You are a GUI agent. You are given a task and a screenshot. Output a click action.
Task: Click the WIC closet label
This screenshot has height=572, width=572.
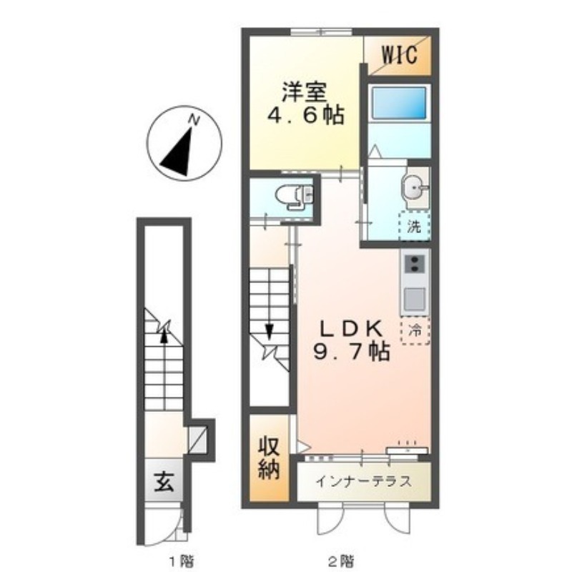pos(399,56)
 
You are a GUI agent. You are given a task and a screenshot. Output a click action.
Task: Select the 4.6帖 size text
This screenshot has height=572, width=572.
pos(306,116)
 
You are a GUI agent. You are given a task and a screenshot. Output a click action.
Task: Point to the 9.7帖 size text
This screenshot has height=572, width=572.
pos(352,352)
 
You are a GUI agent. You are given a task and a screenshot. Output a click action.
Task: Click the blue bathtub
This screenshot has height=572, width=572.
pos(399,102)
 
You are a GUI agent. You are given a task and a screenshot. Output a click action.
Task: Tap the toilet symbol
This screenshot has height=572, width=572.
pos(295,197)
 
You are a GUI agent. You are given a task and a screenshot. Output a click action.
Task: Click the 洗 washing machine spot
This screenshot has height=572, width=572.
pos(415,227)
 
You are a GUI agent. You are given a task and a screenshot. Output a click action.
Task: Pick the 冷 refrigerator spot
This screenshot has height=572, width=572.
pos(415,331)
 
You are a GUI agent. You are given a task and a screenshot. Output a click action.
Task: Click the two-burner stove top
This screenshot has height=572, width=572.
pos(415,263)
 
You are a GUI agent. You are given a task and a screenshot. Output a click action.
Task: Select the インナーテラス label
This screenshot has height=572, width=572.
pos(363,481)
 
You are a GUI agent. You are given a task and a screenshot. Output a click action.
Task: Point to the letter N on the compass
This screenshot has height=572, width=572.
pos(194,119)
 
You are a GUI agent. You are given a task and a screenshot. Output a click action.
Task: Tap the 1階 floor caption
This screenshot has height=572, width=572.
pos(182,560)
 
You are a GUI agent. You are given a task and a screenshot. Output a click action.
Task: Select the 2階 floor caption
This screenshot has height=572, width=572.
pos(341,560)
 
